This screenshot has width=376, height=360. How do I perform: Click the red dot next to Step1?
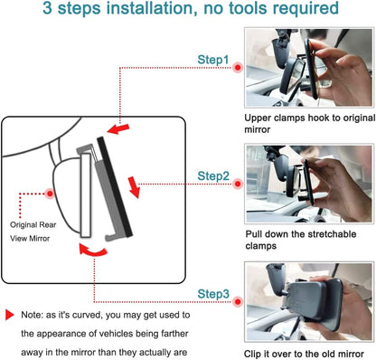(x=237, y=67)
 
